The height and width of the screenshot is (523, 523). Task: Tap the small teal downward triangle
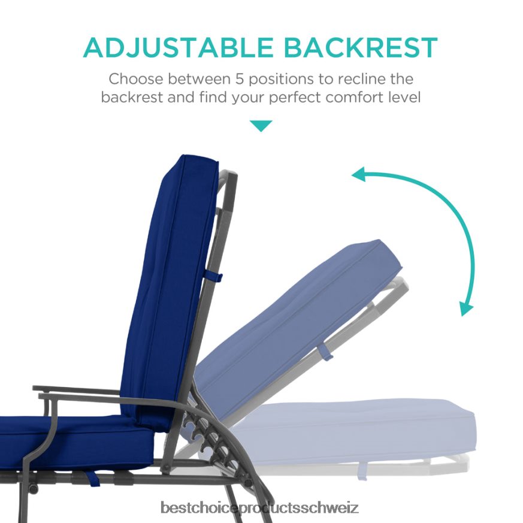(261, 126)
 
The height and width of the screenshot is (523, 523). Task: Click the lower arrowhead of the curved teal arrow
(466, 308)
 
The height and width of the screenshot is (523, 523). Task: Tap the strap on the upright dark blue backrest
(214, 277)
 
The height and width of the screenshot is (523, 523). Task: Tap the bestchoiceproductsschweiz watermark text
(261, 509)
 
